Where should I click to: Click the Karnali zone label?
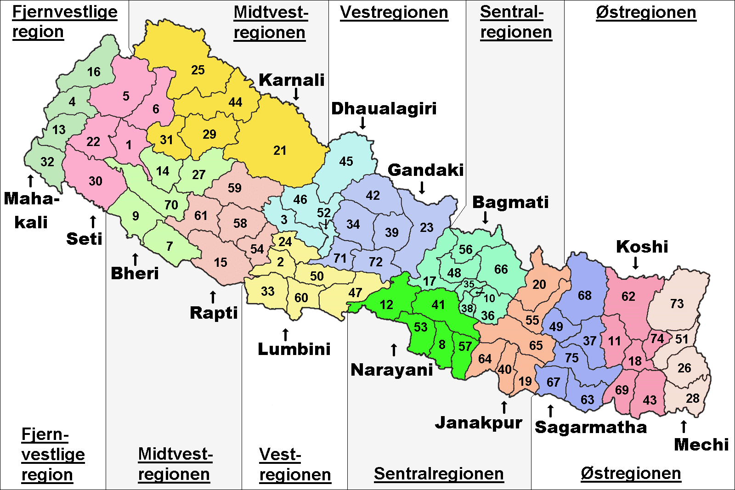291,80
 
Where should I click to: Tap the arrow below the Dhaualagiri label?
362,123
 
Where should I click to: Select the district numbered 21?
280,150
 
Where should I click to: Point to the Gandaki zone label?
425,170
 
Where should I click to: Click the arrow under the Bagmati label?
485,217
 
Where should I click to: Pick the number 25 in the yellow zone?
198,70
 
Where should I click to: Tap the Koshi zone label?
642,247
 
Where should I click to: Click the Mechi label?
701,445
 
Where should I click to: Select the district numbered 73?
677,304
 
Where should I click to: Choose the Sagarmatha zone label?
591,427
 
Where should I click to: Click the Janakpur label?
479,422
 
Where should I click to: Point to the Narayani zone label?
392,370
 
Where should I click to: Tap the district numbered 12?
387,304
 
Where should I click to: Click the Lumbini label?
294,349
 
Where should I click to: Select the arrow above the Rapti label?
213,297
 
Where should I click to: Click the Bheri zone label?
135,273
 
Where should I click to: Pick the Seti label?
84,239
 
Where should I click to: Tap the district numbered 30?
96,181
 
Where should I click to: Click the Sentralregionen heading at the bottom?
439,473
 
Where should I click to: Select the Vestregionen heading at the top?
394,12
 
